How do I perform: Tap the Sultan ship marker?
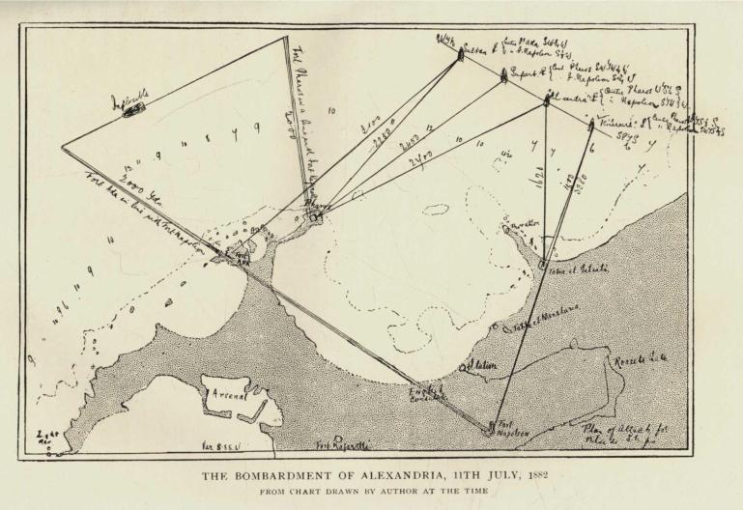tap(460, 54)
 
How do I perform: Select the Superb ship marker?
tap(503, 78)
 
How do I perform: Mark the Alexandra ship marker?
tap(547, 99)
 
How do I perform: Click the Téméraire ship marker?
tap(591, 124)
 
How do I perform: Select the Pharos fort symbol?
tap(314, 216)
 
